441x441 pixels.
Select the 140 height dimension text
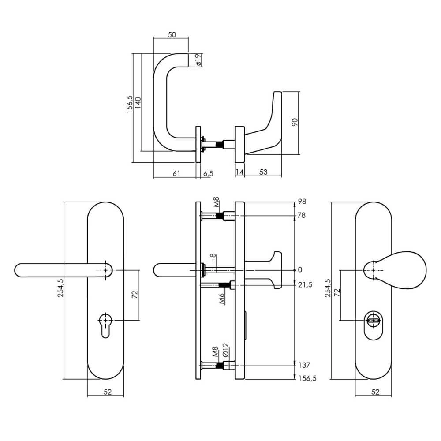click(138, 105)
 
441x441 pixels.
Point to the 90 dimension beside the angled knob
click(295, 122)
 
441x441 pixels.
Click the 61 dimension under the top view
click(176, 173)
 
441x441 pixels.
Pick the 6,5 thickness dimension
click(208, 173)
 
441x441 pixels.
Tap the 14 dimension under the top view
click(239, 172)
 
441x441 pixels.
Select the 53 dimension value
click(263, 172)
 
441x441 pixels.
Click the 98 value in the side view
click(302, 202)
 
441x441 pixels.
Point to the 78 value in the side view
click(302, 215)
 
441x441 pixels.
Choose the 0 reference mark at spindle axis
click(300, 269)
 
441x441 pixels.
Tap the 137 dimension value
click(304, 365)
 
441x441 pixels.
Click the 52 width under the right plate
click(376, 391)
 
